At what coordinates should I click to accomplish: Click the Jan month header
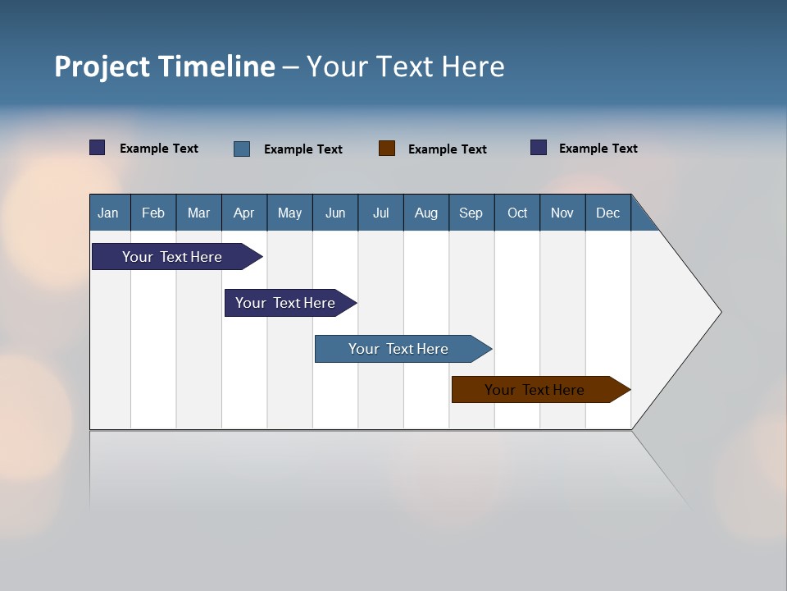click(x=108, y=213)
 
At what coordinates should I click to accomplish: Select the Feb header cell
click(x=153, y=213)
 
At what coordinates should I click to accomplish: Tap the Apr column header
click(x=243, y=213)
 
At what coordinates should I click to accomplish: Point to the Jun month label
click(x=335, y=213)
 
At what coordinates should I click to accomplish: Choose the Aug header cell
click(x=425, y=213)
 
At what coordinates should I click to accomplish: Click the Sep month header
click(x=471, y=213)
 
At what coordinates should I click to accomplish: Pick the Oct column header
click(x=517, y=213)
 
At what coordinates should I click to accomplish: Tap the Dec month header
click(x=607, y=213)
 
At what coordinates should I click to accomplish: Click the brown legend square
click(x=387, y=149)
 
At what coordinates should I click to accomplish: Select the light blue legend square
click(x=242, y=149)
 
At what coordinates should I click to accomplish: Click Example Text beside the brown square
click(x=447, y=149)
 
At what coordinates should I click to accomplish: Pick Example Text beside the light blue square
click(x=303, y=149)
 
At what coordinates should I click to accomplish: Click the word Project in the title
click(x=102, y=66)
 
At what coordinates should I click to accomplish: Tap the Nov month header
click(x=562, y=213)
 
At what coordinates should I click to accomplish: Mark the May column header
click(x=289, y=213)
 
